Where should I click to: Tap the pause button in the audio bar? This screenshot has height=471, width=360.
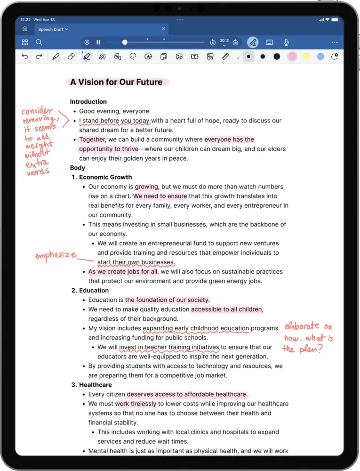click(98, 42)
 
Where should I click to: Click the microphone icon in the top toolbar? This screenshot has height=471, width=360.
click(286, 42)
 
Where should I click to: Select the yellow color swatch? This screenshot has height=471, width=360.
click(306, 57)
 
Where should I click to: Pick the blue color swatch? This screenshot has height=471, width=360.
click(320, 57)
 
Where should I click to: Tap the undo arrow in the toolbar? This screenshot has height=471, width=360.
click(25, 57)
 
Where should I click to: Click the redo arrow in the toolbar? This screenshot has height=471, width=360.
click(39, 57)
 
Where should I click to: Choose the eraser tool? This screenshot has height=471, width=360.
click(71, 57)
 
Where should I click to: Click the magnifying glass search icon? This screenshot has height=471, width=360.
click(39, 42)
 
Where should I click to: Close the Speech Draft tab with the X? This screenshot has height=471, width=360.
click(163, 29)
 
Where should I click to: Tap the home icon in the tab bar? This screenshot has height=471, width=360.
click(25, 29)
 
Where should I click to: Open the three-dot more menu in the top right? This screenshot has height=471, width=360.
click(335, 42)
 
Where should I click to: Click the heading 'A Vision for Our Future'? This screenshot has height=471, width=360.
click(116, 82)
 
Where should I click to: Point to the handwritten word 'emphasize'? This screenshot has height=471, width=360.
click(56, 255)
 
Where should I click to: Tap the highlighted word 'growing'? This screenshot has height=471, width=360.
click(147, 187)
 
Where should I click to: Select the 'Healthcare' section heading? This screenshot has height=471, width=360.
click(95, 385)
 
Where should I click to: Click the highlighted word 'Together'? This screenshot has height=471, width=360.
click(93, 139)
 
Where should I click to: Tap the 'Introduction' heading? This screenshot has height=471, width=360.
click(88, 102)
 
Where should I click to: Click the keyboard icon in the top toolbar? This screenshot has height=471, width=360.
click(269, 42)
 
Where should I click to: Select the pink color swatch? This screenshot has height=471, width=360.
click(292, 57)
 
